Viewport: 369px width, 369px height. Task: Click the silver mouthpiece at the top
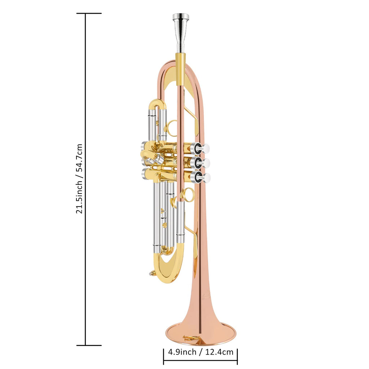[x=181, y=33]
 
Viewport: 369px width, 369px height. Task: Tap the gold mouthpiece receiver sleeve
[x=181, y=69]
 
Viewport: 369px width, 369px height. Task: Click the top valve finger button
[x=205, y=148]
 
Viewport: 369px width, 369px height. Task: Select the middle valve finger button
[x=206, y=163]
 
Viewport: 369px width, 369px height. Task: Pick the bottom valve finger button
[x=206, y=178]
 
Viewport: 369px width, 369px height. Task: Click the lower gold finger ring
[x=187, y=195]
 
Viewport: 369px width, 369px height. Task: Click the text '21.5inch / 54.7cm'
[x=79, y=179]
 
